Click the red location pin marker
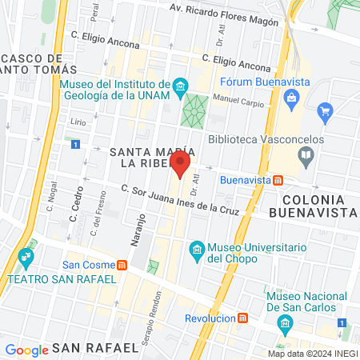180,166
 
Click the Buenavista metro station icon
277,180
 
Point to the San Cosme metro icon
122,265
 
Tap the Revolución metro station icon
242,318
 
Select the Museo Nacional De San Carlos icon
283,323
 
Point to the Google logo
26,350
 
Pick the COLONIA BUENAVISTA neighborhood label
313,204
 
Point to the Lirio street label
78,123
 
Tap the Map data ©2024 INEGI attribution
311,353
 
